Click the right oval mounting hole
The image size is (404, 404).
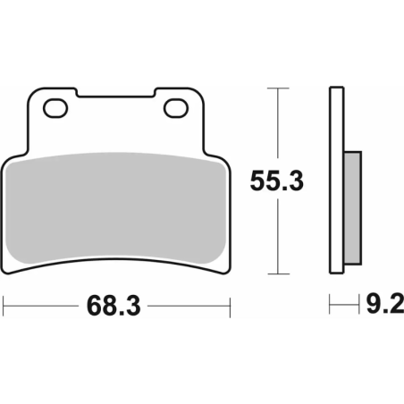[175, 109]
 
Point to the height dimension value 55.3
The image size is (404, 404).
[276, 181]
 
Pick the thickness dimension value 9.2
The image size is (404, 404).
[379, 307]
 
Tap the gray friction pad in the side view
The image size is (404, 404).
[353, 206]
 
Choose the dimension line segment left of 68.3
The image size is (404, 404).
[45, 307]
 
